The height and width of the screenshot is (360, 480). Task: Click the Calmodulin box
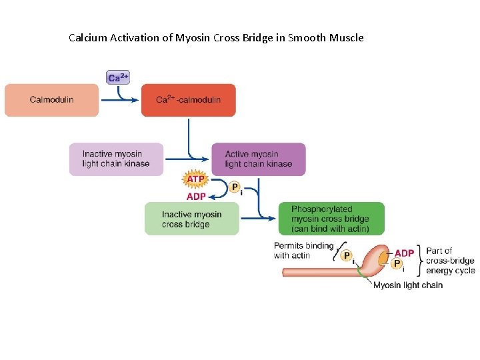pyautogui.click(x=51, y=100)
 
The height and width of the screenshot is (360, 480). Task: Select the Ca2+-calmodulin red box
pyautogui.click(x=188, y=100)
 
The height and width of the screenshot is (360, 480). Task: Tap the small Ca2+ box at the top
pyautogui.click(x=118, y=77)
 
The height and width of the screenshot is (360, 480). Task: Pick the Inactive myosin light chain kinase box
pyautogui.click(x=116, y=159)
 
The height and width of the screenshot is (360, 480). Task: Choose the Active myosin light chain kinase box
pyautogui.click(x=259, y=159)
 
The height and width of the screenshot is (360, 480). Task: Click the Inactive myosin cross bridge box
pyautogui.click(x=191, y=219)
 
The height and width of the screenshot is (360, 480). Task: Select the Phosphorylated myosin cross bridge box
pyautogui.click(x=331, y=219)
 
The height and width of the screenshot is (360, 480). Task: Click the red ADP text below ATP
pyautogui.click(x=195, y=197)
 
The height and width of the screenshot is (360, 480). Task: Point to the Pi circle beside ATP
pyautogui.click(x=235, y=188)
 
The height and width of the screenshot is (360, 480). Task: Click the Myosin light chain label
pyautogui.click(x=407, y=285)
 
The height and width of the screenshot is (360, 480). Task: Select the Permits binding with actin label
pyautogui.click(x=303, y=250)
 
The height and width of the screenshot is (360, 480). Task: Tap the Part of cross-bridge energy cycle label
pyautogui.click(x=450, y=261)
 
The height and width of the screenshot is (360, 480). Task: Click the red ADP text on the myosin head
pyautogui.click(x=404, y=253)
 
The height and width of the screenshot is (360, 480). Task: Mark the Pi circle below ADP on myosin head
pyautogui.click(x=397, y=264)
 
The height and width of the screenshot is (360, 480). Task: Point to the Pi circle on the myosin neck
pyautogui.click(x=346, y=256)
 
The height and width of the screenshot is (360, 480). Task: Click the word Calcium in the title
pyautogui.click(x=88, y=38)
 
